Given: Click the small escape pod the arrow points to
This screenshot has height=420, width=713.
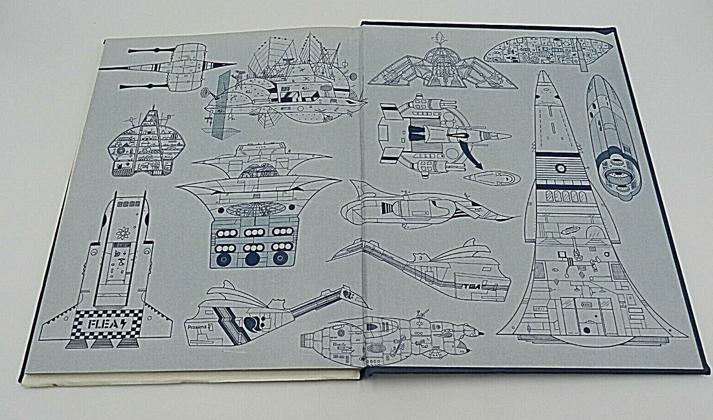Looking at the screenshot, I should click(491, 178).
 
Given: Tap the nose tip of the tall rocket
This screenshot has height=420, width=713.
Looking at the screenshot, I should click(542, 74).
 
